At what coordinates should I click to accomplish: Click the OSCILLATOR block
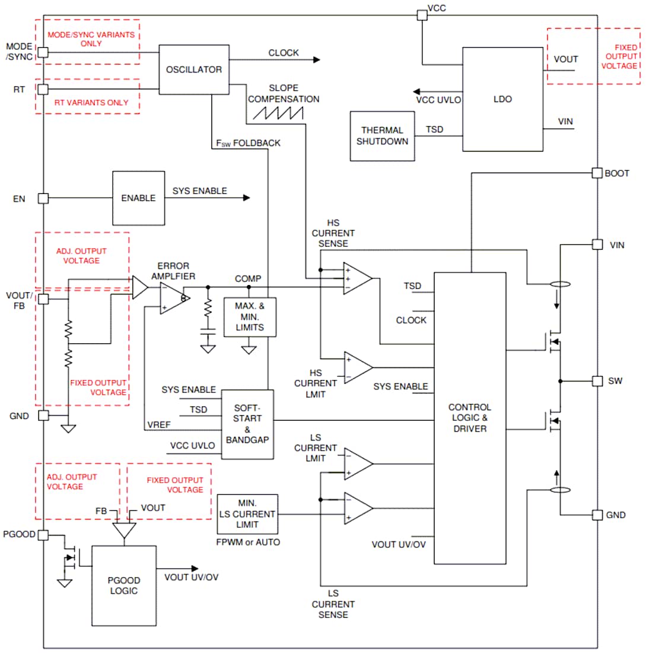[x=194, y=69]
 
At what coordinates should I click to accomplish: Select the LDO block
[x=502, y=99]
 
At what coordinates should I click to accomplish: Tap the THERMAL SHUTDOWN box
[x=382, y=136]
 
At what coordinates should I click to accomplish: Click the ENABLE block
[x=138, y=198]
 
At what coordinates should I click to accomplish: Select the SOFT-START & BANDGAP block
[x=247, y=424]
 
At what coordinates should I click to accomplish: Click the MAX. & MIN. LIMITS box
[x=249, y=317]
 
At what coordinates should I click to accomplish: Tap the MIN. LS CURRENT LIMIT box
[x=247, y=514]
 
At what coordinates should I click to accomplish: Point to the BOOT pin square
[x=597, y=173]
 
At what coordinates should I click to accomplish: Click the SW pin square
[x=597, y=381]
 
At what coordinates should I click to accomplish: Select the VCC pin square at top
[x=421, y=15]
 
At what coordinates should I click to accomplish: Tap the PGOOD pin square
[x=43, y=535]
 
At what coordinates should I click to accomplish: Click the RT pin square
[x=43, y=89]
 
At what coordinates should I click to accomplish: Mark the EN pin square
[x=43, y=198]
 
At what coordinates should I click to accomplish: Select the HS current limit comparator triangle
[x=357, y=367]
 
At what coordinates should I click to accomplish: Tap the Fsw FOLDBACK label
[x=249, y=143]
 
